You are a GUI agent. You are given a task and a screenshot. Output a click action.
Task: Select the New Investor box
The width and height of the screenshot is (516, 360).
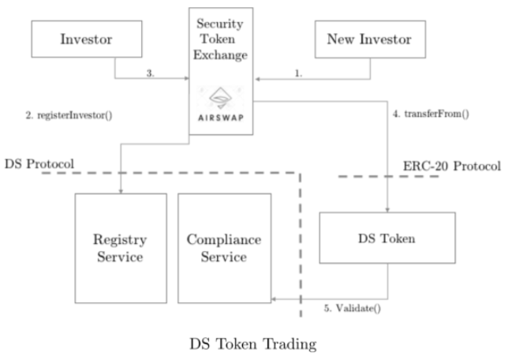(370, 39)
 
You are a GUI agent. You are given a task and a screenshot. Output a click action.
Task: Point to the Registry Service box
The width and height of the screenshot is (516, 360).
(120, 247)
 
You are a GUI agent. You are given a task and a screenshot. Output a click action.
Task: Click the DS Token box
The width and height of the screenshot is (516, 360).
(387, 236)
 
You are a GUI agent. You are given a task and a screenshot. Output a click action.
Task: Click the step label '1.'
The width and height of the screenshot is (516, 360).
(298, 73)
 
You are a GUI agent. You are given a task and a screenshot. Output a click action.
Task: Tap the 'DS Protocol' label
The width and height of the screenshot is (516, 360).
(38, 163)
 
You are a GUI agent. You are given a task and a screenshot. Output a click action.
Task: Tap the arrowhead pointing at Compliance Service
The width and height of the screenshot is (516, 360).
(275, 299)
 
